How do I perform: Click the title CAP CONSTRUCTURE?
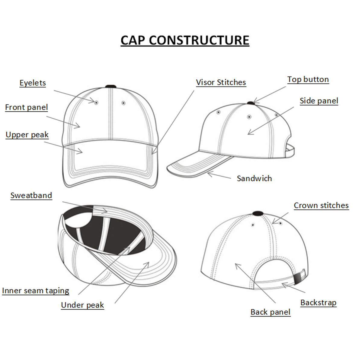(185, 40)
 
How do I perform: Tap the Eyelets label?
(33, 83)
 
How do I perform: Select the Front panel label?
(27, 107)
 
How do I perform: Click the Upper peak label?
(27, 135)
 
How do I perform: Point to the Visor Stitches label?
(221, 82)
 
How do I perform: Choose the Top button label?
(308, 79)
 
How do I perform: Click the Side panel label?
(319, 101)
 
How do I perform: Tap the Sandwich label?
(255, 178)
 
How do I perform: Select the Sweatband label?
(31, 196)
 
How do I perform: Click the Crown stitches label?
(321, 205)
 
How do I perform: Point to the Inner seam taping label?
(36, 291)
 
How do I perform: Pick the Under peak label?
(83, 305)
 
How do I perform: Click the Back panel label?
(271, 312)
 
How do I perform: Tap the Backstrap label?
(319, 303)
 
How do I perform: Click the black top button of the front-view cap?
(111, 87)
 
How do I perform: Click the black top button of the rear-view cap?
(258, 213)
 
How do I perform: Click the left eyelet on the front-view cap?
(96, 103)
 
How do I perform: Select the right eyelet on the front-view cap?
(123, 103)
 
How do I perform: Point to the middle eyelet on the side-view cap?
(249, 117)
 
